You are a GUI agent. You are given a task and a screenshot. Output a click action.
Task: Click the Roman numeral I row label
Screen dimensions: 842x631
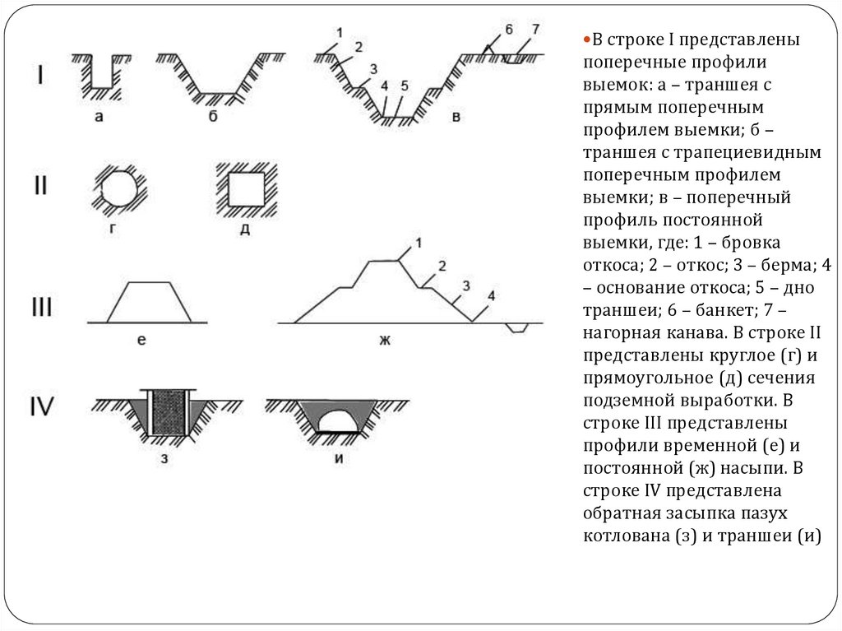click(40, 75)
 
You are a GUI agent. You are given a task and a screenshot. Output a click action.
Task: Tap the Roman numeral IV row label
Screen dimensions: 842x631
click(41, 406)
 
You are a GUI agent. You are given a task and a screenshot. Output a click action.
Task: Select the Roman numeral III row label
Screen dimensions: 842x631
click(42, 307)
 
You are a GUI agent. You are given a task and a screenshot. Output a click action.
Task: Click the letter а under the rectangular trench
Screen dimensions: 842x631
click(99, 117)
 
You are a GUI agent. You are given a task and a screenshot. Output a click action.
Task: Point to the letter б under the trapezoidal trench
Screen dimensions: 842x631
click(213, 115)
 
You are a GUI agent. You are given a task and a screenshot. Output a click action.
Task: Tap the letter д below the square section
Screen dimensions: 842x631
click(245, 230)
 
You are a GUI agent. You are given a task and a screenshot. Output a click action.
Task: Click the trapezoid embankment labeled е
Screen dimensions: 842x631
click(149, 302)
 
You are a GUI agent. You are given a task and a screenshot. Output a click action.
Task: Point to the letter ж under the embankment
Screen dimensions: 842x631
click(385, 340)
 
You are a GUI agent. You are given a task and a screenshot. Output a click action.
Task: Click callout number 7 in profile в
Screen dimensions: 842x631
click(534, 29)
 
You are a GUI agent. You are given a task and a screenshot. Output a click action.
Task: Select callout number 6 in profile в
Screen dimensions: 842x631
click(508, 29)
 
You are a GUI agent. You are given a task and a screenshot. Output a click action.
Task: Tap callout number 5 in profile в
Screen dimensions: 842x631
click(405, 86)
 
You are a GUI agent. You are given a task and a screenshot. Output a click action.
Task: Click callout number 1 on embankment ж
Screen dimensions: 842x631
click(419, 243)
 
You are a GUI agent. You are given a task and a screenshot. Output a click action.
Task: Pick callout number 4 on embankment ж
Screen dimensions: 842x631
click(491, 295)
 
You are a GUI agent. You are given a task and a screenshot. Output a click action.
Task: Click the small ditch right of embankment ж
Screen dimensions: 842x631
click(517, 327)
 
